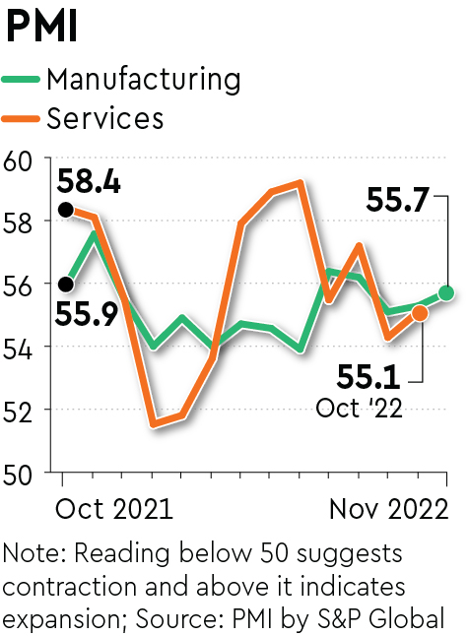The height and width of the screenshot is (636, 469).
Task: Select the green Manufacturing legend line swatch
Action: [x=22, y=78]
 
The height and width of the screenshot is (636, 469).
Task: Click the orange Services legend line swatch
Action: [x=22, y=119]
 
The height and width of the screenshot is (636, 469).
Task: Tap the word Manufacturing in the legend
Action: [x=143, y=78]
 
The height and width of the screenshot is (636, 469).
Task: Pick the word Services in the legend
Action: [x=104, y=119]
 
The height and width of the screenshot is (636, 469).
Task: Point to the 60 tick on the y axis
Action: [x=21, y=159]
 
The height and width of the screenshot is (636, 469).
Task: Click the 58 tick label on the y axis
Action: [x=21, y=222]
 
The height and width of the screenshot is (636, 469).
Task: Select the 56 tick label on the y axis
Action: [x=21, y=284]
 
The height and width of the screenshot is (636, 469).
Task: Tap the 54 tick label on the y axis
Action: [x=21, y=347]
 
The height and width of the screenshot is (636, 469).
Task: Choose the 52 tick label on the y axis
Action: [x=21, y=410]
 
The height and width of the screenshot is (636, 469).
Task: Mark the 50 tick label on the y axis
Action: [x=21, y=473]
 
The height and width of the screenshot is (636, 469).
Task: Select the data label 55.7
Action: [x=398, y=200]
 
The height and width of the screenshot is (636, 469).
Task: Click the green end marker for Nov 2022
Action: [x=447, y=292]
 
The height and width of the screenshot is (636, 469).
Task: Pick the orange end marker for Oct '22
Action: [x=419, y=313]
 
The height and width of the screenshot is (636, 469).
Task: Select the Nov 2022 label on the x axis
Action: [x=386, y=510]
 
